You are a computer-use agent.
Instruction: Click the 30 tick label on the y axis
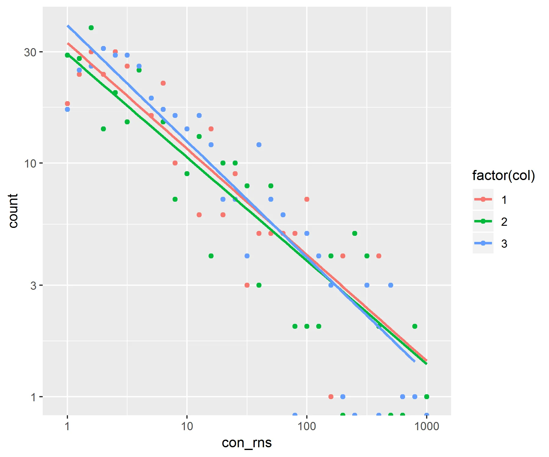(30, 52)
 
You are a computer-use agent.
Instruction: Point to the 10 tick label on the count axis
(30, 164)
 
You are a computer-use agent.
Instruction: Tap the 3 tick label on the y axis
(33, 286)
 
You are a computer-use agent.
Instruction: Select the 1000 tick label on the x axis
(426, 426)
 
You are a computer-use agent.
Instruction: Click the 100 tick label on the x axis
(307, 426)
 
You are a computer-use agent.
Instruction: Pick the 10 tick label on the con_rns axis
(187, 426)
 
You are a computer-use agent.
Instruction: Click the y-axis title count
(13, 211)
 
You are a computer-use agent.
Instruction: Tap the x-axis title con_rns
(246, 443)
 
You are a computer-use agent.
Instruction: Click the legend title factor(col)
(504, 176)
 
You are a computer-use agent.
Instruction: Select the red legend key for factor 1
(483, 200)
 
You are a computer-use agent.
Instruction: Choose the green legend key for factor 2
(483, 221)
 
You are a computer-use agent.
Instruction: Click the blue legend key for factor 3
(483, 243)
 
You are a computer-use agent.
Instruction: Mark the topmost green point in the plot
(91, 28)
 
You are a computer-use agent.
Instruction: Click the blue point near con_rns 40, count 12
(259, 145)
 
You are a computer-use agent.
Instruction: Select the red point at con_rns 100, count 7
(307, 199)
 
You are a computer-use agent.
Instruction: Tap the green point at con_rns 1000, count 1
(427, 397)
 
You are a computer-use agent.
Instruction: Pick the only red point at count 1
(331, 397)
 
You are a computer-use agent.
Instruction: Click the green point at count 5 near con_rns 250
(355, 233)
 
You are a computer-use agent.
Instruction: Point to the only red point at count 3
(247, 285)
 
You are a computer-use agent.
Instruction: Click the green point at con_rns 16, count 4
(211, 256)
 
